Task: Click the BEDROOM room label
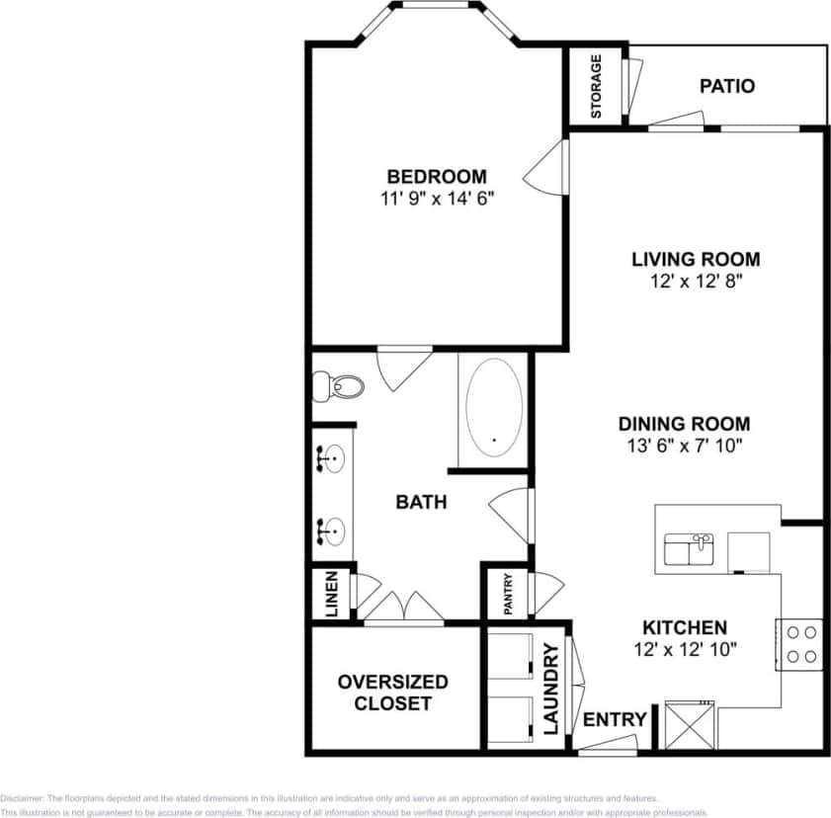tap(436, 177)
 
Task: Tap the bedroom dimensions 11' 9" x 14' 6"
tap(436, 198)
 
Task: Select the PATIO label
tap(726, 86)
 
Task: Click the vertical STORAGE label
tap(596, 86)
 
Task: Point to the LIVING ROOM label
tap(696, 260)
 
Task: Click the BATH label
tap(421, 502)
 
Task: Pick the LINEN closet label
tap(331, 593)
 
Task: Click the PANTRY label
tap(507, 596)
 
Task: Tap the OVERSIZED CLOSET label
tap(392, 693)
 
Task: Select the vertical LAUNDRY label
tap(551, 691)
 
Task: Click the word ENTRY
tap(615, 719)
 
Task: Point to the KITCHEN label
tap(685, 627)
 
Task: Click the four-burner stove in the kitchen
tap(798, 643)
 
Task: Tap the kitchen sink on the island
tap(690, 549)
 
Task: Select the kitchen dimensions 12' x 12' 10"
tap(685, 649)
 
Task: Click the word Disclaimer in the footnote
tap(22, 797)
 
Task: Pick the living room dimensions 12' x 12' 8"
tap(696, 281)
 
